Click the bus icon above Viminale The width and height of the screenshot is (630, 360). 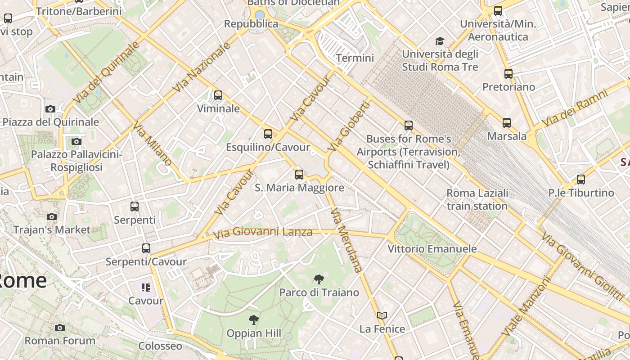(218, 95)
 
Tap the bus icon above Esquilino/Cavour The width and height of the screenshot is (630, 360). (268, 134)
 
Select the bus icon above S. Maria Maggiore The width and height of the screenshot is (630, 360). (299, 175)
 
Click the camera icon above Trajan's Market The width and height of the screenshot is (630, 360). (52, 216)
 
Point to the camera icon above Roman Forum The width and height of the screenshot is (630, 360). (60, 328)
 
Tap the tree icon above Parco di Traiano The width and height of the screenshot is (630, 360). (319, 279)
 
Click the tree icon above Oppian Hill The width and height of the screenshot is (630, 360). (254, 320)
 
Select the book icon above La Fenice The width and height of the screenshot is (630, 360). (382, 316)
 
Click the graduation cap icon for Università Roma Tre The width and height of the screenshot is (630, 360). (440, 41)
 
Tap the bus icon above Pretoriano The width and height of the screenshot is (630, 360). (508, 73)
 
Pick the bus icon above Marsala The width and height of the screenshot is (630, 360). (507, 122)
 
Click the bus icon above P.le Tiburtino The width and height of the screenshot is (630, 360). (581, 180)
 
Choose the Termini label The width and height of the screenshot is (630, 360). (355, 58)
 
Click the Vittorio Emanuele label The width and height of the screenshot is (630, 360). (432, 249)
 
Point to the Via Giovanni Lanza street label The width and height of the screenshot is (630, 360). (263, 233)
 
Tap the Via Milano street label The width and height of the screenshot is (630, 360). (153, 144)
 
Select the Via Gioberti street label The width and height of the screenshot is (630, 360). (349, 126)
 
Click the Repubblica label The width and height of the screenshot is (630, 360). (251, 23)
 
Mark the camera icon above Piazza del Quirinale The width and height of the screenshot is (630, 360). (50, 109)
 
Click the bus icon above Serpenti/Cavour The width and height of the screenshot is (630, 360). (146, 248)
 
